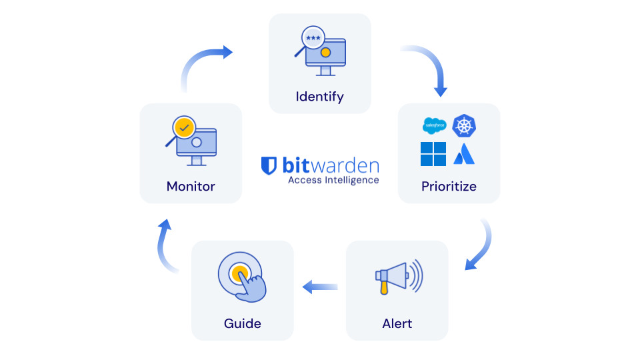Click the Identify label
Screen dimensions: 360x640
click(319, 97)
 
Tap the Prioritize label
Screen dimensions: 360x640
click(449, 186)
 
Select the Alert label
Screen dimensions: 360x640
click(397, 323)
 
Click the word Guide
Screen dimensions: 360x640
click(242, 323)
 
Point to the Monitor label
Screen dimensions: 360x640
click(191, 186)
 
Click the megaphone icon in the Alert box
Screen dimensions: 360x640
click(398, 275)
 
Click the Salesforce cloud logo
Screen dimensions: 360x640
click(434, 125)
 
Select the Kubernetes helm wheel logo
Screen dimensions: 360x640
click(465, 125)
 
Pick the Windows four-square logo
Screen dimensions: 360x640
click(433, 154)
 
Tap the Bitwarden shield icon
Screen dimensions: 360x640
click(269, 165)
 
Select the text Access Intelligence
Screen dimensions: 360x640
click(333, 180)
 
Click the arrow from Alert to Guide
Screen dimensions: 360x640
click(320, 287)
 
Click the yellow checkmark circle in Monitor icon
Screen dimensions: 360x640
click(183, 127)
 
